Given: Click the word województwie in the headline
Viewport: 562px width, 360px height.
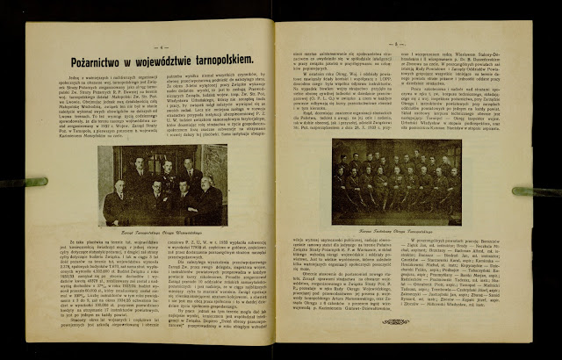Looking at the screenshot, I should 151,60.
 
